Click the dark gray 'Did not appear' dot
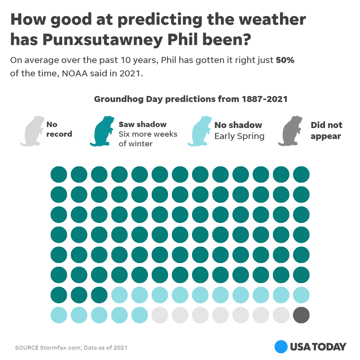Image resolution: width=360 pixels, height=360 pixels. tap(301, 315)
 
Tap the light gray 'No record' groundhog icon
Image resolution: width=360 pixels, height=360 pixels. tap(33, 131)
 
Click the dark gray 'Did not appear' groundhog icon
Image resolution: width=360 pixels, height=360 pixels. tap(294, 131)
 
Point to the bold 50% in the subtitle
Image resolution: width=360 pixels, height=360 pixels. tap(285, 60)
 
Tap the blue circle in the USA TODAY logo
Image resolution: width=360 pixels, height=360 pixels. tap(281, 346)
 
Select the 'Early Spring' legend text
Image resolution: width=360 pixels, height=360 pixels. tap(239, 136)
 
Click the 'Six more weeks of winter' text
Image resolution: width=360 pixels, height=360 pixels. tap(148, 139)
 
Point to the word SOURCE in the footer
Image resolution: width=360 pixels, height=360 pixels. tap(27, 348)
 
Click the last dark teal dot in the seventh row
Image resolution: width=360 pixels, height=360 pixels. tap(99, 295)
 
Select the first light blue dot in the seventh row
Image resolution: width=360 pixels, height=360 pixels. tap(120, 295)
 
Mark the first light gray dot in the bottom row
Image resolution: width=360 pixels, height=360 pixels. tap(160, 315)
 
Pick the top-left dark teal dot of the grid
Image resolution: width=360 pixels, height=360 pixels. tap(59, 174)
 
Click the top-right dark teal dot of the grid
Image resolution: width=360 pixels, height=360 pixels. tap(301, 174)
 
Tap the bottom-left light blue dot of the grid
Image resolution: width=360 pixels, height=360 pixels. tap(59, 315)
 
